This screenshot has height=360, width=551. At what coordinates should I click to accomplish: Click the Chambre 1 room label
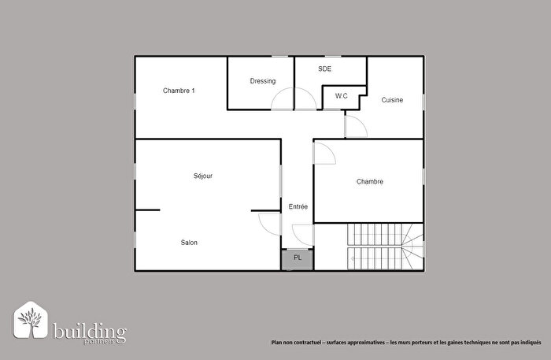pyautogui.click(x=179, y=91)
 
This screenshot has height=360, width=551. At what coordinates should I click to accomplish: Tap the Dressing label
pyautogui.click(x=262, y=81)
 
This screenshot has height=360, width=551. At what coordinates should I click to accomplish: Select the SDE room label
pyautogui.click(x=325, y=69)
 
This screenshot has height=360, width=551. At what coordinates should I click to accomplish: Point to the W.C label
pyautogui.click(x=341, y=96)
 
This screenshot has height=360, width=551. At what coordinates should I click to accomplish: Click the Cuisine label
pyautogui.click(x=393, y=100)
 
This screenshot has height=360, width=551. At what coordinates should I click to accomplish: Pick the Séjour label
pyautogui.click(x=203, y=176)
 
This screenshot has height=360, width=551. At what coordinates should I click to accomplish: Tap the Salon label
pyautogui.click(x=189, y=243)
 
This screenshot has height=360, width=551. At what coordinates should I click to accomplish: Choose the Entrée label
pyautogui.click(x=298, y=206)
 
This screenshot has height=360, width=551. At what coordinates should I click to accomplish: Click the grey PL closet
pyautogui.click(x=298, y=258)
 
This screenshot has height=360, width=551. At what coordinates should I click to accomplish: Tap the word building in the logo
pyautogui.click(x=88, y=328)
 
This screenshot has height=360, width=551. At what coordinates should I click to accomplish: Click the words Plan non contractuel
pyautogui.click(x=297, y=343)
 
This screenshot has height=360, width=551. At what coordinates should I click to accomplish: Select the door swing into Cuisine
pyautogui.click(x=355, y=126)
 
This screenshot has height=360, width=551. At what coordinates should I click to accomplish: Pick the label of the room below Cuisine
pyautogui.click(x=369, y=182)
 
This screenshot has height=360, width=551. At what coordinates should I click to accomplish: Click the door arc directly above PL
pyautogui.click(x=302, y=234)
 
